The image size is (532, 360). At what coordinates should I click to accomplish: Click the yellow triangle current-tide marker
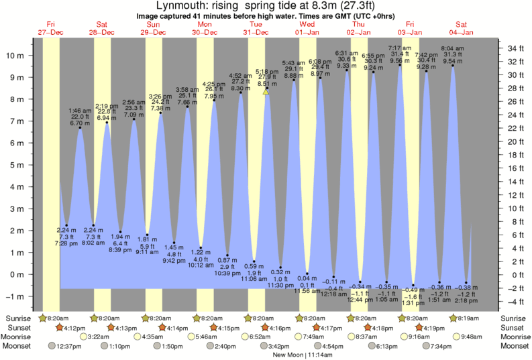tap(266, 93)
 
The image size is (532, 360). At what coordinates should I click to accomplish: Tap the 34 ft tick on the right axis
tap(515, 48)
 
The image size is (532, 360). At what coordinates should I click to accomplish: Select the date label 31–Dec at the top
tap(256, 32)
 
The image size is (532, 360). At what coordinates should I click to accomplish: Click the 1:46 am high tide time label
tap(80, 111)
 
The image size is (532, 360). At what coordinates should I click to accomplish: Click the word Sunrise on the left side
tap(18, 318)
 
